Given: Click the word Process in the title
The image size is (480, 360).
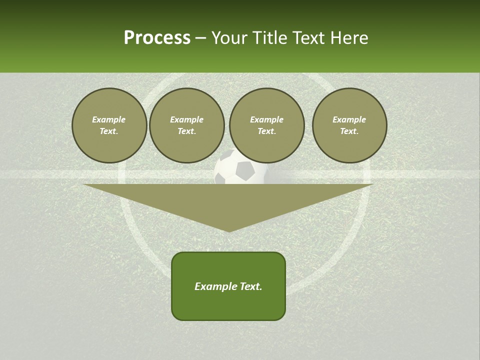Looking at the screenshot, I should click(157, 38).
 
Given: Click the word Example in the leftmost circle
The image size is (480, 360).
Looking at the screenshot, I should click(109, 119).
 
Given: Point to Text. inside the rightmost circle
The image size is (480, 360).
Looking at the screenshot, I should click(349, 131).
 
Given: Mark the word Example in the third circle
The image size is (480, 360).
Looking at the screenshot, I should click(267, 119).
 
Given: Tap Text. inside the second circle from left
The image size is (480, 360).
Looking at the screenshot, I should click(187, 131).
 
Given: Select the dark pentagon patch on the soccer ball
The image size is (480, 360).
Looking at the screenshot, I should click(245, 171).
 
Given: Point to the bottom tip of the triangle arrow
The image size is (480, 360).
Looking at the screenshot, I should click(229, 231).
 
